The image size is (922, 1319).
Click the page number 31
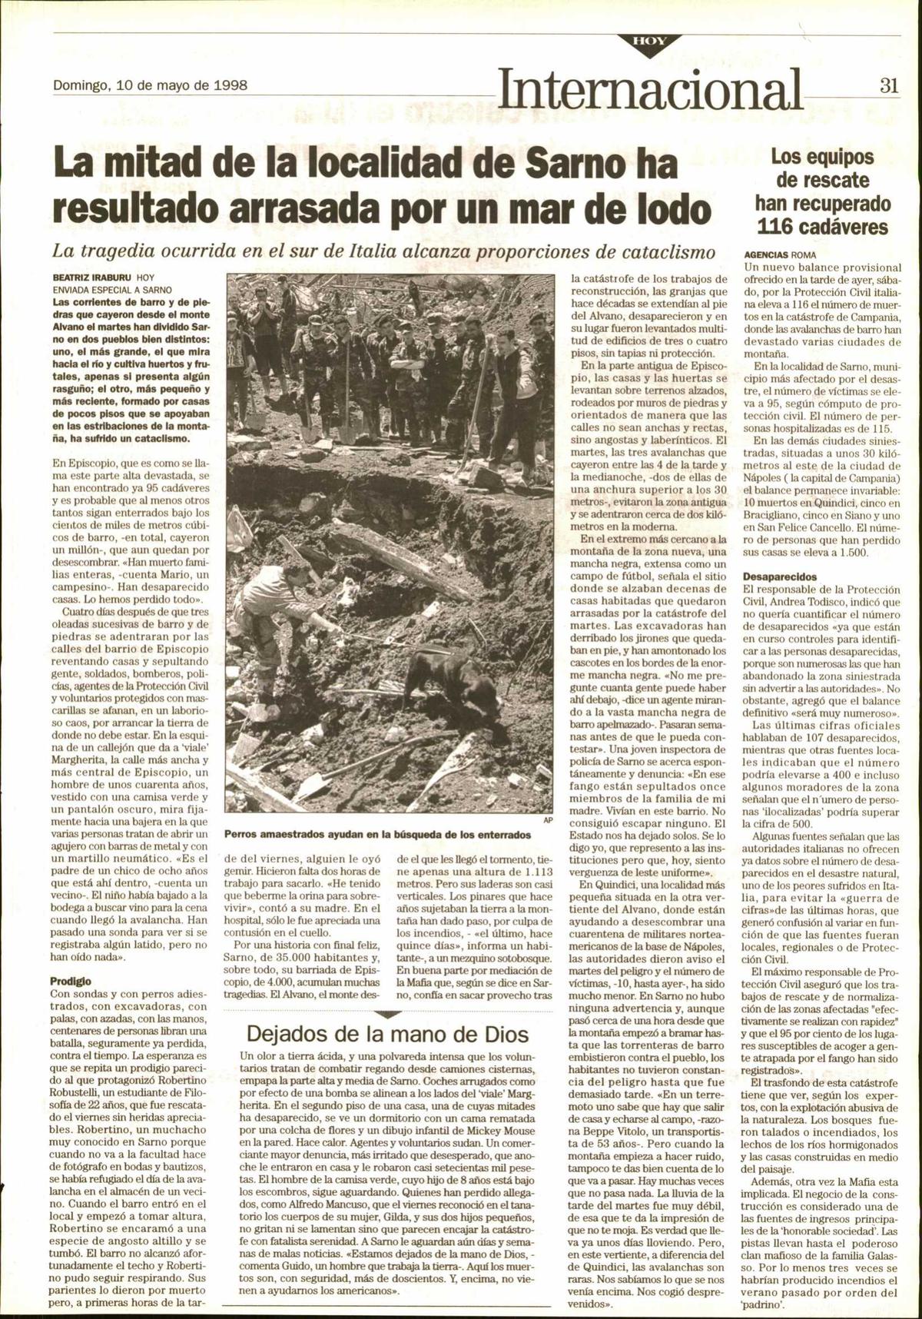tap(889, 87)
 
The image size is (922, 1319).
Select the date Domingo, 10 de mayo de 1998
tap(150, 85)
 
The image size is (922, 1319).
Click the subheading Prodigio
tap(71, 981)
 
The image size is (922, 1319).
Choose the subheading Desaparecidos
tap(780, 576)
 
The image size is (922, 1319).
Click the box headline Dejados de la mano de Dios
tap(388, 1033)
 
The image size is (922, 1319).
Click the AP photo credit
tap(548, 820)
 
